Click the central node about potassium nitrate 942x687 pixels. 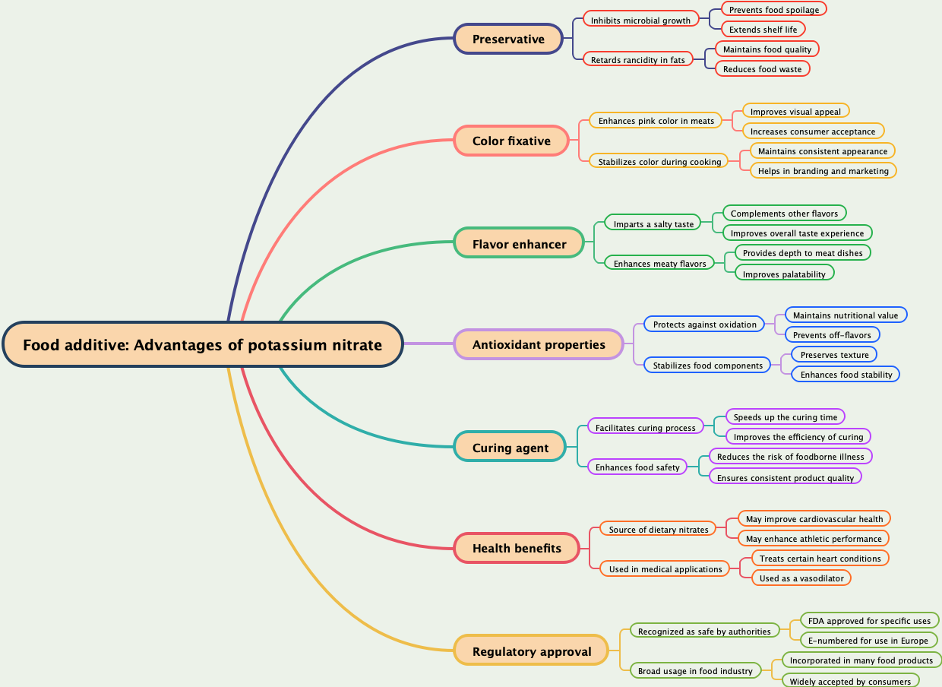[202, 344]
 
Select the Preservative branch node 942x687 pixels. [508, 39]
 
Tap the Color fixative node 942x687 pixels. [511, 141]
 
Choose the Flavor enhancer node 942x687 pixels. [519, 244]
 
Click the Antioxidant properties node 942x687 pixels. [539, 344]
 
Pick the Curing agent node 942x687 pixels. [510, 448]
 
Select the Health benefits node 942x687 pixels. [517, 548]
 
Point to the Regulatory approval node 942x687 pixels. [532, 651]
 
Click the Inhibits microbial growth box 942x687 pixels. [640, 20]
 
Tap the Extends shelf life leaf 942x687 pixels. [763, 30]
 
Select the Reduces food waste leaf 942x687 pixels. [762, 69]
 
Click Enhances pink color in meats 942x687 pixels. [656, 121]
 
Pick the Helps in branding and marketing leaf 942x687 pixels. [823, 171]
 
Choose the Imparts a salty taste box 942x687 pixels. [653, 224]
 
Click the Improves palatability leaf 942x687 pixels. [784, 274]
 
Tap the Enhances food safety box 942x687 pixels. [637, 467]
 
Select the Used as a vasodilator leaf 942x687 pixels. [801, 578]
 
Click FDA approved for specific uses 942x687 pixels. [869, 621]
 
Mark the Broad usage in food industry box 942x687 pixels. [695, 671]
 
